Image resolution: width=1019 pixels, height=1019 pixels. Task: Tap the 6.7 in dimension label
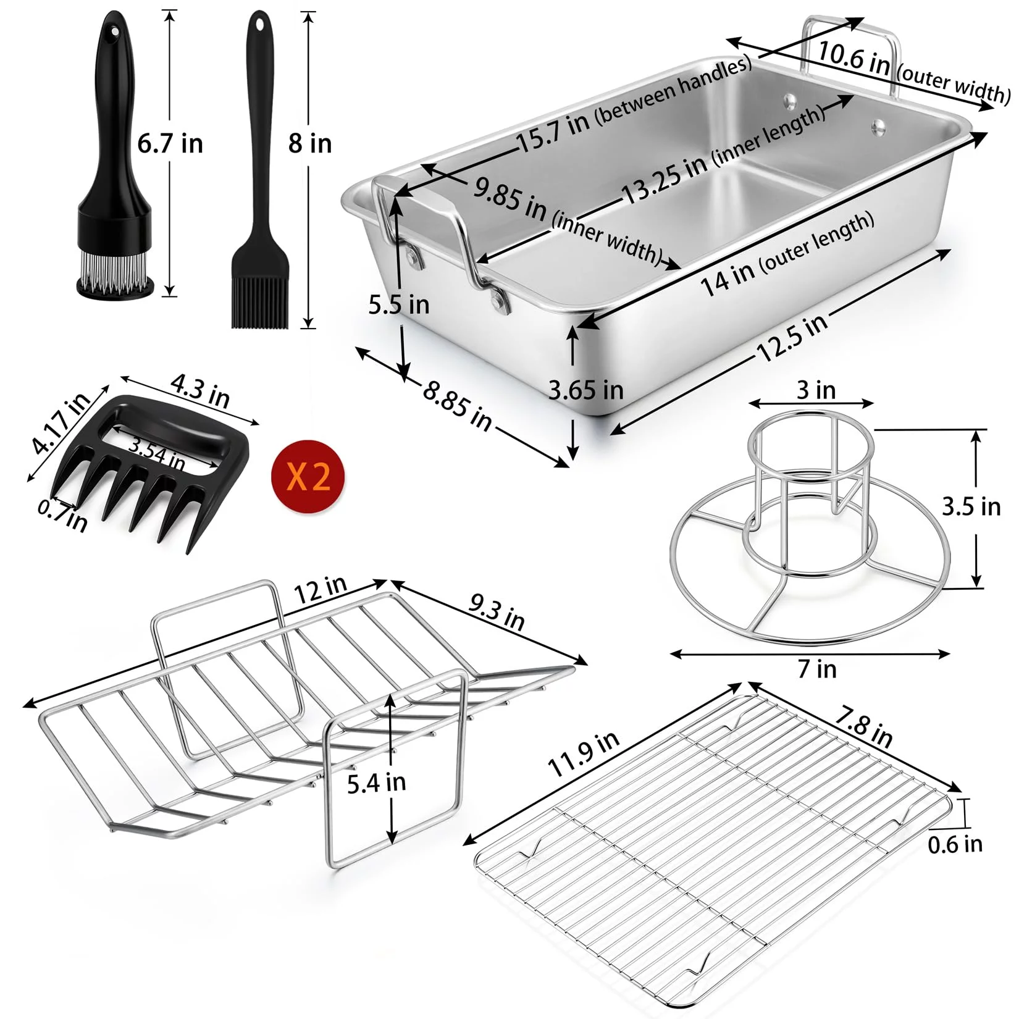170,143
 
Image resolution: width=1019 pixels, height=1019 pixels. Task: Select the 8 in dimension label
310,143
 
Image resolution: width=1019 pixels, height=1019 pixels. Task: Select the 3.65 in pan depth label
586,390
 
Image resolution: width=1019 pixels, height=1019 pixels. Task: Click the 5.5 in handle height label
399,304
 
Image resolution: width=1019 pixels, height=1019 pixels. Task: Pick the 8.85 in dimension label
458,406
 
